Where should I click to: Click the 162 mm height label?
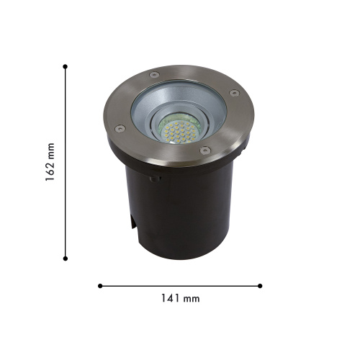[x=50, y=162]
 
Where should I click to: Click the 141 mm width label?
[x=180, y=298]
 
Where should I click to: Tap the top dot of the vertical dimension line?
[x=65, y=66]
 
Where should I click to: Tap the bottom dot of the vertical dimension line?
[x=65, y=258]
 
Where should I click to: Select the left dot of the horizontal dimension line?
[x=100, y=286]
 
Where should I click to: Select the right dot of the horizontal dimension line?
[x=260, y=286]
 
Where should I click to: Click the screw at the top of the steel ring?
[x=154, y=75]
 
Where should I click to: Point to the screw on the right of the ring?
[x=234, y=93]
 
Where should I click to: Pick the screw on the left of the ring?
[x=120, y=128]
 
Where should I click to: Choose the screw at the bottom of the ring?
[x=205, y=150]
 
